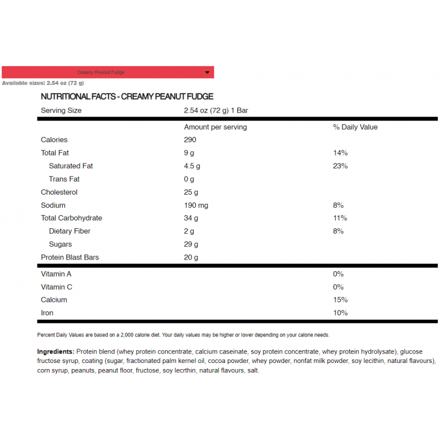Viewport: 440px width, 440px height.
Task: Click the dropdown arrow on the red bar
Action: pyautogui.click(x=207, y=73)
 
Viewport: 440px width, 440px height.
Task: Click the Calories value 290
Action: pyautogui.click(x=190, y=140)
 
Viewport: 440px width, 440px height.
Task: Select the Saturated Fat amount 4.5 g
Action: pyautogui.click(x=192, y=166)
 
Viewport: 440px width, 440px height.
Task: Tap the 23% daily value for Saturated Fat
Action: pyautogui.click(x=340, y=166)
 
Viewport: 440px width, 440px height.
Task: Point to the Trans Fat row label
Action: pyautogui.click(x=64, y=179)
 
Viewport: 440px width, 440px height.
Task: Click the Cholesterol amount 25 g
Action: pyautogui.click(x=191, y=193)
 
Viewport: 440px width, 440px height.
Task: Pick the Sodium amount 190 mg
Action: pyautogui.click(x=196, y=206)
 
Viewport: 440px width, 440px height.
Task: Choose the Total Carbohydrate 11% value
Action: pyautogui.click(x=340, y=218)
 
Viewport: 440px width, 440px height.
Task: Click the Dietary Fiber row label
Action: pyautogui.click(x=69, y=232)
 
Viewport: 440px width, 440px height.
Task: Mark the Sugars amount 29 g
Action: pyautogui.click(x=191, y=245)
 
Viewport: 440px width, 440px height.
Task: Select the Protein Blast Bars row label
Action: pyautogui.click(x=70, y=257)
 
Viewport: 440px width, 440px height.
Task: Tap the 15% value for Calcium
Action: pyautogui.click(x=340, y=300)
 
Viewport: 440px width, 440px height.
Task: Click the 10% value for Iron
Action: pyautogui.click(x=340, y=313)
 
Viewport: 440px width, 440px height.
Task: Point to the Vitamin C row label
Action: pyautogui.click(x=56, y=287)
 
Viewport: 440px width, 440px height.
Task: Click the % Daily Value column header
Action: pyautogui.click(x=355, y=127)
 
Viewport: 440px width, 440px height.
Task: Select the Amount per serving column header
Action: pyautogui.click(x=215, y=127)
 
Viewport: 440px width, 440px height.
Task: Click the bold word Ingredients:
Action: pyautogui.click(x=56, y=351)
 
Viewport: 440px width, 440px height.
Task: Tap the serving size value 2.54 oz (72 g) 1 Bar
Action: pyautogui.click(x=216, y=111)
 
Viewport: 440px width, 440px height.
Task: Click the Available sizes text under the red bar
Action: pyautogui.click(x=43, y=83)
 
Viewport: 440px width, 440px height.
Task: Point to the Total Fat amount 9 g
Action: pyautogui.click(x=189, y=153)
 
